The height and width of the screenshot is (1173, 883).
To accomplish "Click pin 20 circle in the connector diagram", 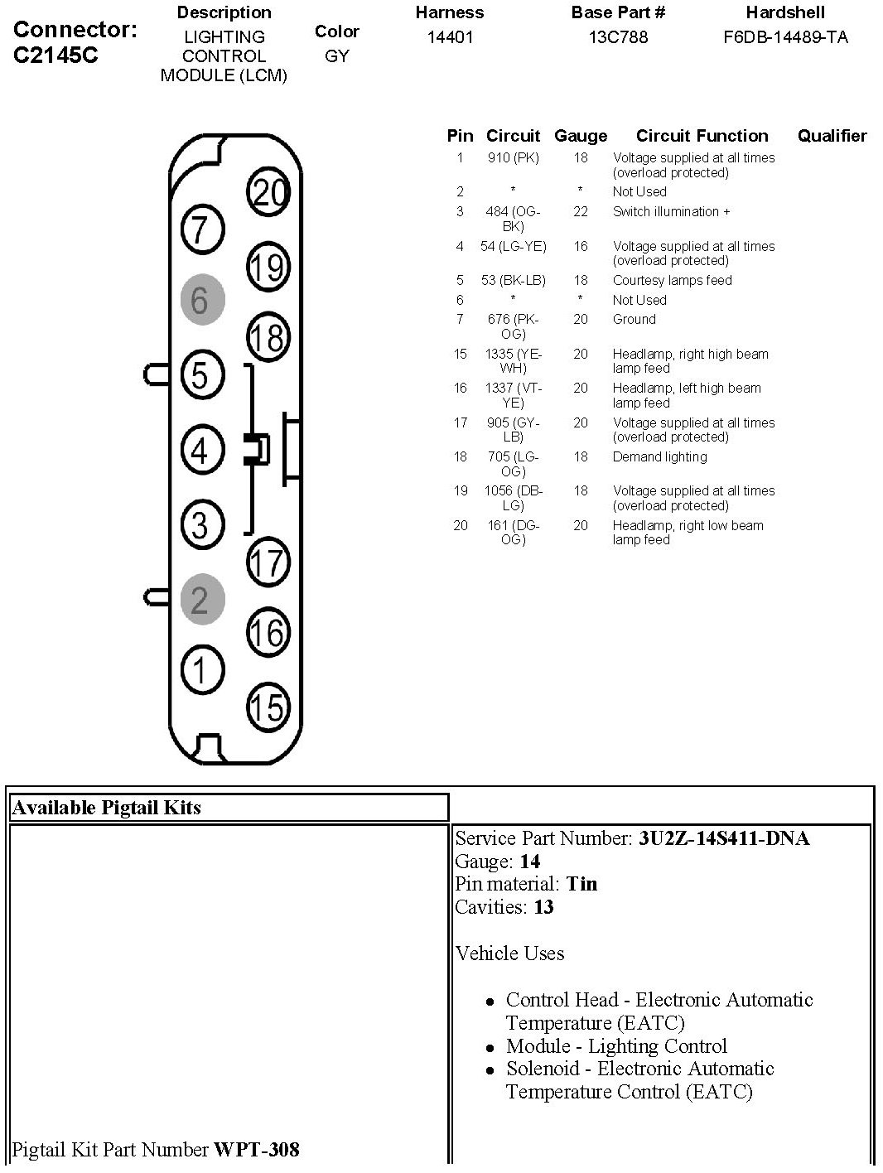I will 268,192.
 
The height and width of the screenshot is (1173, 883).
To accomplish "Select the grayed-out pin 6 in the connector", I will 202,300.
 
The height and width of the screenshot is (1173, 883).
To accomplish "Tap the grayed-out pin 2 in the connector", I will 202,598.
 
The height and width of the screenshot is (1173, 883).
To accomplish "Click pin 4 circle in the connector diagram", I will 202,451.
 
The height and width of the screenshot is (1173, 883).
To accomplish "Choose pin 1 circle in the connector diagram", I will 202,669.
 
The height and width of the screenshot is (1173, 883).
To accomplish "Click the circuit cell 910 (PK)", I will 513,157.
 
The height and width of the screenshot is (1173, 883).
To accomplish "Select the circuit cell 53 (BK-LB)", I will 513,280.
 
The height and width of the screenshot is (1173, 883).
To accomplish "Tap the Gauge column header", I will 581,136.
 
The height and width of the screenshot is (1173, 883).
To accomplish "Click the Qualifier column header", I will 832,136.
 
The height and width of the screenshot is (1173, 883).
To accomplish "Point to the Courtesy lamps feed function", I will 672,280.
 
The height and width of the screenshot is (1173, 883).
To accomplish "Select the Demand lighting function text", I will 659,456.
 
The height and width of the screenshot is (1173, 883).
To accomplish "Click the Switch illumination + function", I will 671,211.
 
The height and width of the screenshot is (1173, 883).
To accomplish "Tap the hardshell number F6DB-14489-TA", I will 785,37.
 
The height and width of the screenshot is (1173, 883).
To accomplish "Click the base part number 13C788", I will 618,37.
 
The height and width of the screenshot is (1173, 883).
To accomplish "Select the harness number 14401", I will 450,37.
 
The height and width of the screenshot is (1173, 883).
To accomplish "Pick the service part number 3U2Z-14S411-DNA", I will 723,838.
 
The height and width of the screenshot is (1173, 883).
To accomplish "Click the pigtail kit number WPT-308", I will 257,1150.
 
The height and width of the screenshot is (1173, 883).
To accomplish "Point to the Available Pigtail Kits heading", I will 107,808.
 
